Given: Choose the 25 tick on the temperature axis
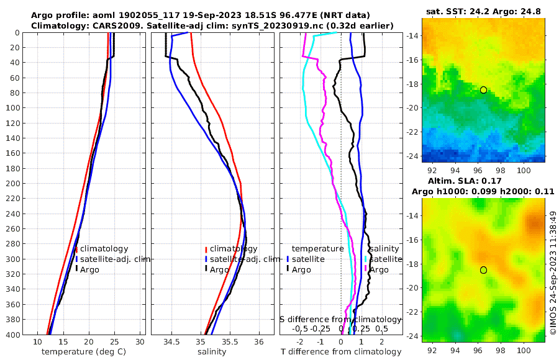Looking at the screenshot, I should point(114,342).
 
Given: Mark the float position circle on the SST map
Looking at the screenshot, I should point(483,90).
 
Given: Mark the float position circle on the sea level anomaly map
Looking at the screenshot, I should point(483,270).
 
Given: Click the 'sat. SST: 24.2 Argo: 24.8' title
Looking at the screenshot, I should point(483,11).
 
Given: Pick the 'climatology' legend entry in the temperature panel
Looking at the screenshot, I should point(103,248).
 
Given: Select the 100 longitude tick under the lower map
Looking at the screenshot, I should point(524,342).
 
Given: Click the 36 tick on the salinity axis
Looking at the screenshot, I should point(259,342).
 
